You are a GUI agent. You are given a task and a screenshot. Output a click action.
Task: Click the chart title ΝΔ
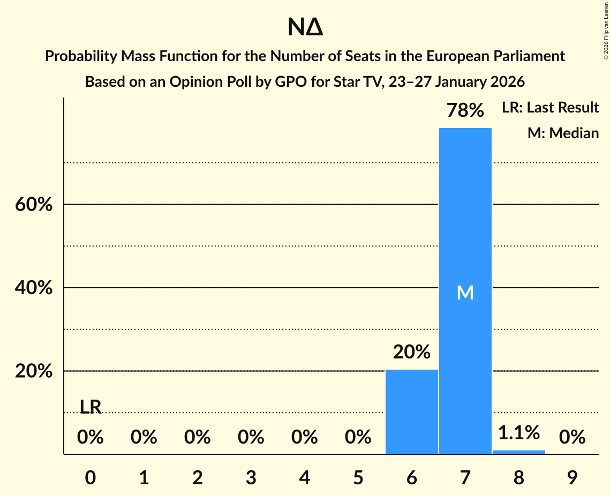click(305, 28)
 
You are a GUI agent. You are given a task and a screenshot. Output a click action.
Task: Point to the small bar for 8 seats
click(518, 452)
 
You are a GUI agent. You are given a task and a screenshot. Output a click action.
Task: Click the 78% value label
click(465, 111)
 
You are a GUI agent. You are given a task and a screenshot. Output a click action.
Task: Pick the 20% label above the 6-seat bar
click(411, 352)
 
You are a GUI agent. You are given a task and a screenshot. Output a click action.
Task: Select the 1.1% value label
click(518, 432)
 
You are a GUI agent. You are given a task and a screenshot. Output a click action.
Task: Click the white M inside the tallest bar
click(465, 292)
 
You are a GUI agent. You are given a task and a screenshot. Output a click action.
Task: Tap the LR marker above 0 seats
click(91, 407)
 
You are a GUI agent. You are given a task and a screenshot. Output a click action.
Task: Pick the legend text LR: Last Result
click(550, 108)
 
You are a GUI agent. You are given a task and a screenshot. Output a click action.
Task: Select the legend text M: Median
click(563, 133)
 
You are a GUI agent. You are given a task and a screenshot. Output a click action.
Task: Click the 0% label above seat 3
click(251, 438)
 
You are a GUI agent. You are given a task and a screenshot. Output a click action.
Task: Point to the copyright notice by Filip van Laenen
click(606, 32)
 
